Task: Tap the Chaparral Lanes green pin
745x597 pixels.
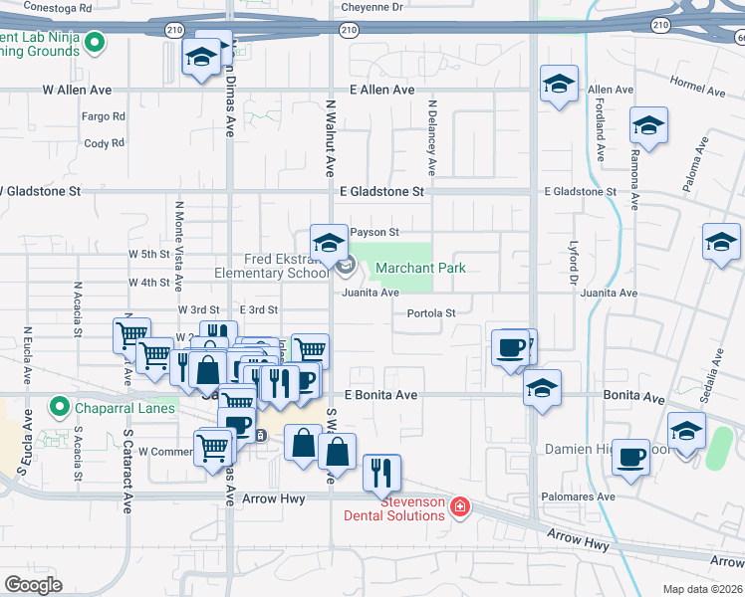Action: point(59,408)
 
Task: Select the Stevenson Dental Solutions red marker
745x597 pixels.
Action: point(460,508)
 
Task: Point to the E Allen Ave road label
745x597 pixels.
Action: point(381,90)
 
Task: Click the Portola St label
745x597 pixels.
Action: point(431,313)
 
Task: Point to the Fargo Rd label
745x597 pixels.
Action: point(104,116)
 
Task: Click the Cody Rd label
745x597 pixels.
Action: point(104,143)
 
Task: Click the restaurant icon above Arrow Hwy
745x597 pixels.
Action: point(381,473)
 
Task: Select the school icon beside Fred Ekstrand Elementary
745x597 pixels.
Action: point(328,242)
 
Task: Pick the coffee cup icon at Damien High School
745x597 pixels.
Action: point(630,457)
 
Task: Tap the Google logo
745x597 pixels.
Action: point(33,585)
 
